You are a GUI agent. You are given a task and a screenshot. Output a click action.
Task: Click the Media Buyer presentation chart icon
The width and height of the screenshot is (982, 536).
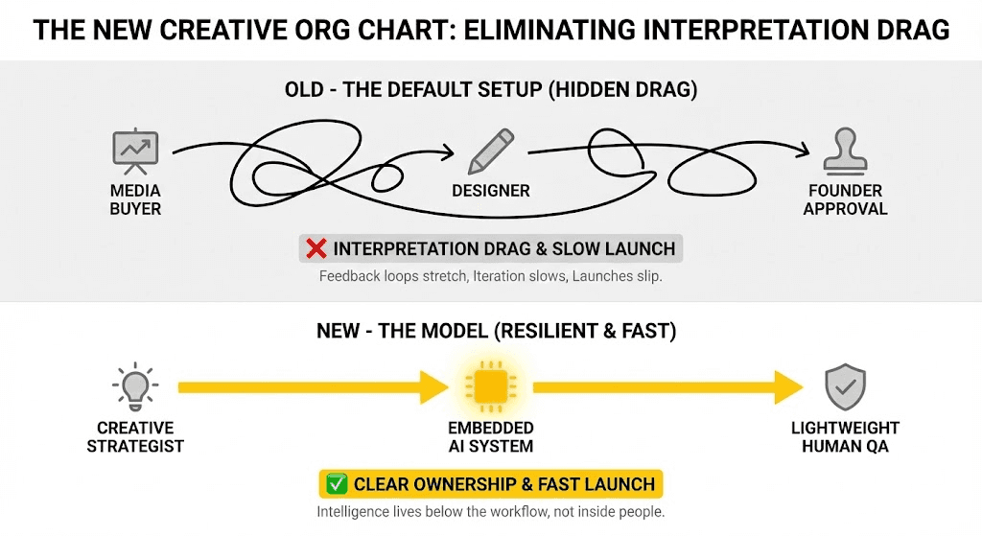tap(135, 151)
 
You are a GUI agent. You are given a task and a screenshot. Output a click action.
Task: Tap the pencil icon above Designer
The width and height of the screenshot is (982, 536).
tap(491, 152)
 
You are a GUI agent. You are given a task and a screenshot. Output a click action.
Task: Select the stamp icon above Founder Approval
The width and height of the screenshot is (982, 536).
tap(845, 151)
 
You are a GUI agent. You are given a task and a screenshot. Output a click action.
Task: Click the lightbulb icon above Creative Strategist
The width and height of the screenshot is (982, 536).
tap(135, 386)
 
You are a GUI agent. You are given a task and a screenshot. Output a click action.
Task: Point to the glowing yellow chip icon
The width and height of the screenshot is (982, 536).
tap(490, 387)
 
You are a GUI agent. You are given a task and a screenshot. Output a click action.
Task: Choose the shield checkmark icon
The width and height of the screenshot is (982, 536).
tap(845, 387)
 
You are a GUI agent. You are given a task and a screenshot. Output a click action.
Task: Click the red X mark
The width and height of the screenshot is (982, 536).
tap(316, 249)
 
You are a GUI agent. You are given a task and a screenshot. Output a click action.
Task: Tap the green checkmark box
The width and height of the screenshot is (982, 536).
tap(338, 484)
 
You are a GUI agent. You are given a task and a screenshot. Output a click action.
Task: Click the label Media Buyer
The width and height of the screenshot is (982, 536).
tap(135, 199)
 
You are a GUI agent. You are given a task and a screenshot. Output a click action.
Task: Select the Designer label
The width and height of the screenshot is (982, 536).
tap(491, 191)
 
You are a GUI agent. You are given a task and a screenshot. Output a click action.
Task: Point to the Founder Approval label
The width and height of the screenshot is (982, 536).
tap(845, 199)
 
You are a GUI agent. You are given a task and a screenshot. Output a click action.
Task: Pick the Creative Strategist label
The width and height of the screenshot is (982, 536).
tap(135, 436)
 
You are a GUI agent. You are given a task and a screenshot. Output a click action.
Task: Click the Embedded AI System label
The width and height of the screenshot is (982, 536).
tap(491, 436)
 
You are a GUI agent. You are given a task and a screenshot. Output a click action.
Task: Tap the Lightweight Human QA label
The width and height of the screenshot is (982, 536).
tap(845, 436)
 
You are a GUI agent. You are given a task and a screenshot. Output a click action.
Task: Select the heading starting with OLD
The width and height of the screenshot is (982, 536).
tap(491, 90)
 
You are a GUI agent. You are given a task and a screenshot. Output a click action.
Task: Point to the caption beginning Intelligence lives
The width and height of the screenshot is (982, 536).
tap(490, 512)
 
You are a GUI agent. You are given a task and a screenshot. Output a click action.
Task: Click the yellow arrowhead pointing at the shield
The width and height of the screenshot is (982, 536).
tap(788, 387)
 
